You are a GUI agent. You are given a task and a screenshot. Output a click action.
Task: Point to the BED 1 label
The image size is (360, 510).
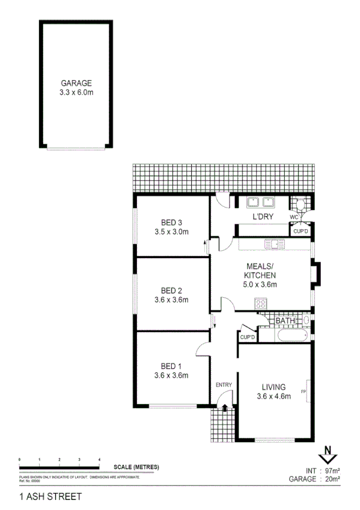point(172,366)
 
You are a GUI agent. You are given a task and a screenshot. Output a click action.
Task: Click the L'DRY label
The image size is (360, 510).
point(263,217)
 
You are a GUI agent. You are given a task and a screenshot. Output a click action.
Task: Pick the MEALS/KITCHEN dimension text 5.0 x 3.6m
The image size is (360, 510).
point(261,284)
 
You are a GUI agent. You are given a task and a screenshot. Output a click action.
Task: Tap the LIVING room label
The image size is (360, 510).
point(273,387)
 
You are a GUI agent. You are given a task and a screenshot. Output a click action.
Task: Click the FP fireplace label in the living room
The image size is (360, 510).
point(304,392)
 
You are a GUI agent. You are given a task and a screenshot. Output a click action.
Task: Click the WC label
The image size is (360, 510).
point(294,217)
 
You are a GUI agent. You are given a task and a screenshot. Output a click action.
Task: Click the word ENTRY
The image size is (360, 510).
point(224,385)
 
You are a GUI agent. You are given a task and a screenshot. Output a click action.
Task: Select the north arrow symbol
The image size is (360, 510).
point(328,452)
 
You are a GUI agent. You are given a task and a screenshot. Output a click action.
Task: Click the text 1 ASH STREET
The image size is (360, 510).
point(50,497)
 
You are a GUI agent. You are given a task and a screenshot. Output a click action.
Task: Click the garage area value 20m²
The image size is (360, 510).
point(332,479)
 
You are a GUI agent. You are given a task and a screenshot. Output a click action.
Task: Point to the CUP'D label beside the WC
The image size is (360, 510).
point(301,231)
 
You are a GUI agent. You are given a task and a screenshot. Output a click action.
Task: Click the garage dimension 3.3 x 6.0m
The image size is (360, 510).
point(75,93)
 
